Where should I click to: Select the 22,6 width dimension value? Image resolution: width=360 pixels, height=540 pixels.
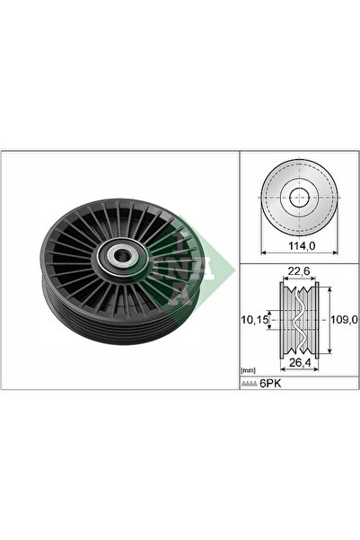pyautogui.click(x=299, y=271)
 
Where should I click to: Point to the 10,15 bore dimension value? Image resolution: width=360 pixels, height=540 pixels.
pyautogui.click(x=255, y=320)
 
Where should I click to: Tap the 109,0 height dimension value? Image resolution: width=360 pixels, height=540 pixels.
pyautogui.click(x=344, y=320)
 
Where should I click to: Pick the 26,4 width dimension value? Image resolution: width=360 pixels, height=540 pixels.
pyautogui.click(x=299, y=362)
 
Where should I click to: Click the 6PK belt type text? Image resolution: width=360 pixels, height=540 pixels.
pyautogui.click(x=270, y=384)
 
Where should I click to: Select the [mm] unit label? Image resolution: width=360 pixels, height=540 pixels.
pyautogui.click(x=248, y=370)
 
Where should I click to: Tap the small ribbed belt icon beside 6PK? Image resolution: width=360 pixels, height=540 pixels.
pyautogui.click(x=250, y=384)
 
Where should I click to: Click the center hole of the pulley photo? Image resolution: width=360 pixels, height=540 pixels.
pyautogui.click(x=120, y=255)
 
